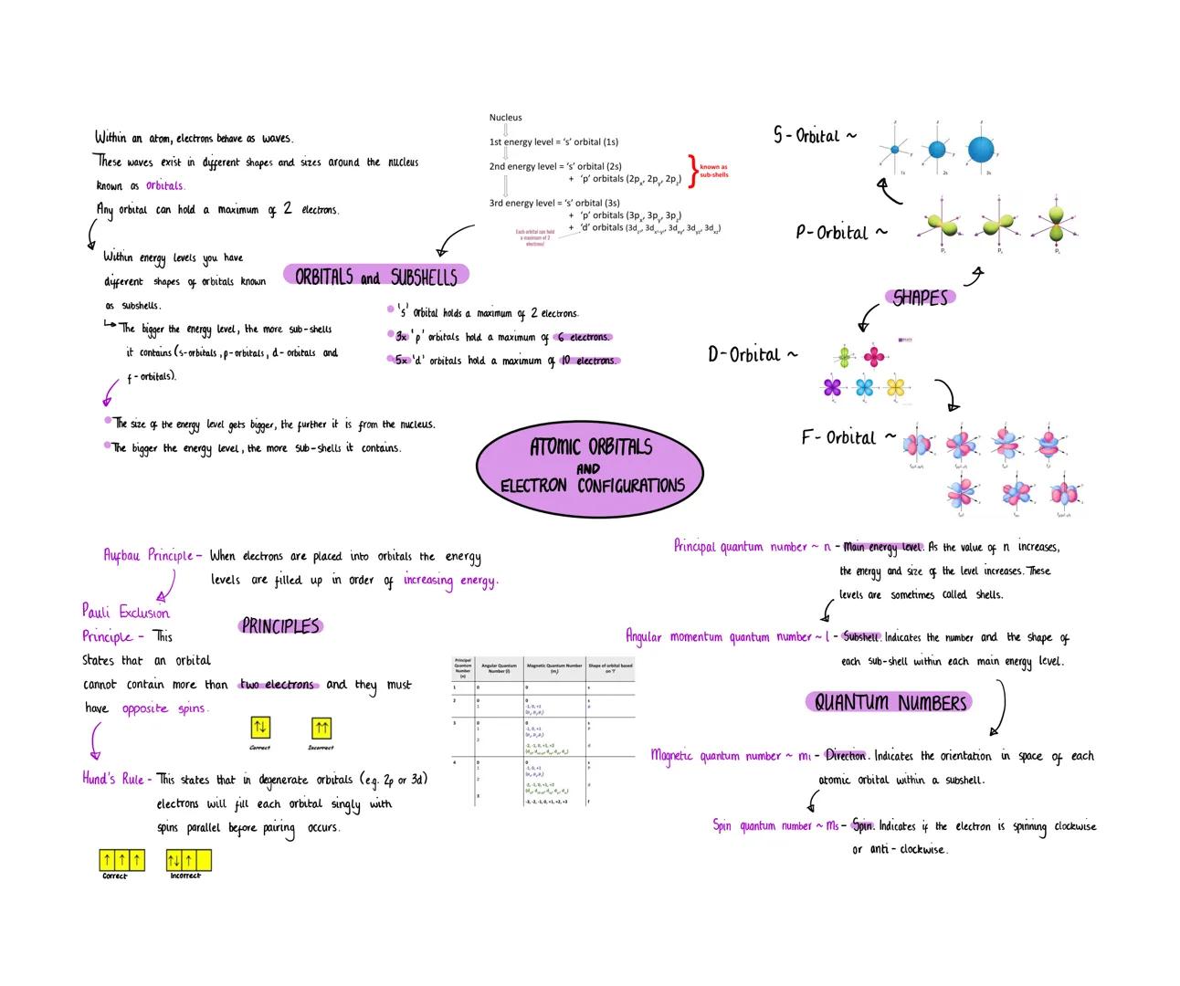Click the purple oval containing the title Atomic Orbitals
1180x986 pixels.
point(590,466)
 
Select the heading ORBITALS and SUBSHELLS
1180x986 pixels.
point(376,276)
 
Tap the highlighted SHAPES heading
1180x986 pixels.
point(920,298)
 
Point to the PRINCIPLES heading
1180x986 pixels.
point(280,626)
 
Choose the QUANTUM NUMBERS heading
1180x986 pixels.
point(890,702)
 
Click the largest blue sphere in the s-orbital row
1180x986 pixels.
point(979,149)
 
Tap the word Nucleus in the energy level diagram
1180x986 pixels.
point(505,118)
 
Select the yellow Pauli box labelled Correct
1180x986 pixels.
point(260,728)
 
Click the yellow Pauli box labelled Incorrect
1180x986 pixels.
point(321,728)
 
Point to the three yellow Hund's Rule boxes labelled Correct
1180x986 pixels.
point(121,860)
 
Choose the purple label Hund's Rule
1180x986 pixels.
point(113,779)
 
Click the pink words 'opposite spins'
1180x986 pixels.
point(164,708)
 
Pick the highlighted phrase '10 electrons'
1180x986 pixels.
point(589,361)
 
